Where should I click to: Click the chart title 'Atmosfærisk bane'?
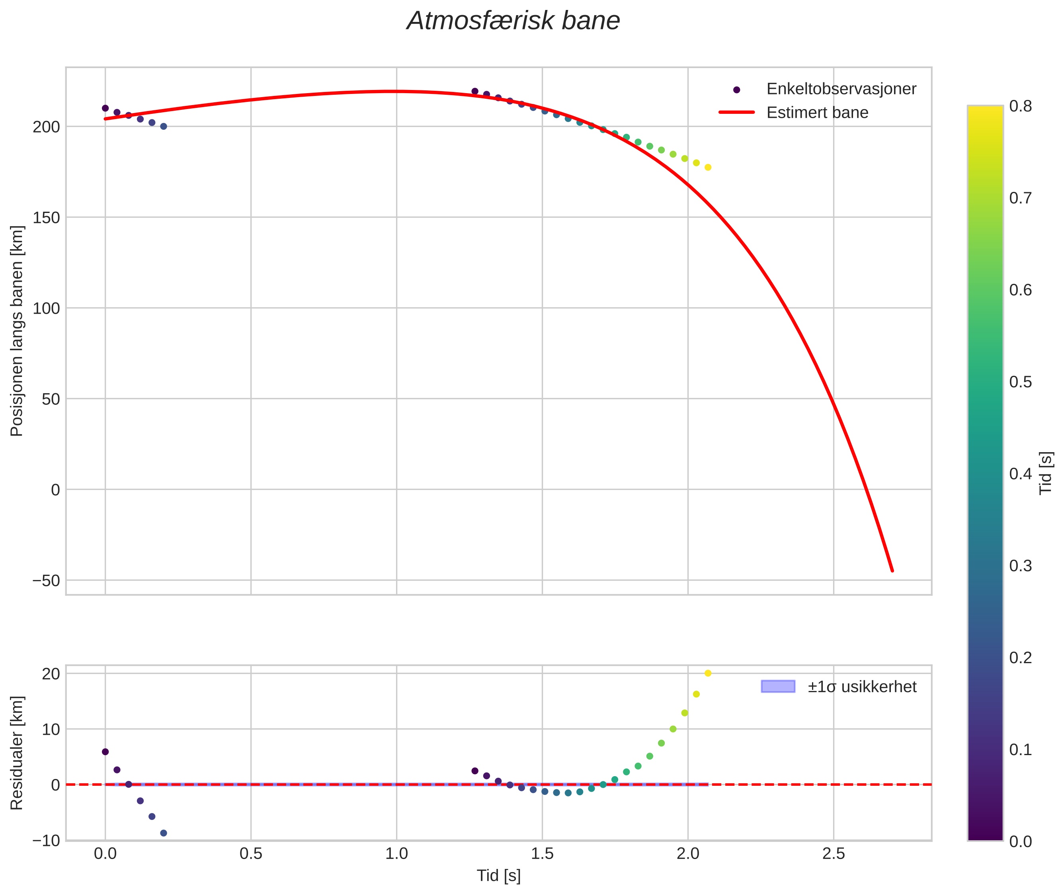(x=513, y=21)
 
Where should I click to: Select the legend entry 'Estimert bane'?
(x=817, y=113)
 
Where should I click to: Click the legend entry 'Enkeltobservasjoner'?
(x=840, y=89)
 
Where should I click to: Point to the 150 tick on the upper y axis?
(x=47, y=217)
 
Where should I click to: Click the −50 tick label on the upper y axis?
(x=46, y=580)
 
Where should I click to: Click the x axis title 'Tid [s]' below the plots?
(x=498, y=876)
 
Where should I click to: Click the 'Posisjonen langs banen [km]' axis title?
(x=17, y=331)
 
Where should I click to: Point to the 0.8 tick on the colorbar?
(x=1020, y=106)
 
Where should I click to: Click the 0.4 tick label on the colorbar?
(x=1020, y=474)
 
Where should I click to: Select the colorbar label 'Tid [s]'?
(x=1046, y=473)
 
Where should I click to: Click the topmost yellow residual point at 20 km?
(x=708, y=673)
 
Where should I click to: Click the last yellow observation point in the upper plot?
(x=708, y=167)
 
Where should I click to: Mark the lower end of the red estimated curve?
(x=892, y=571)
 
